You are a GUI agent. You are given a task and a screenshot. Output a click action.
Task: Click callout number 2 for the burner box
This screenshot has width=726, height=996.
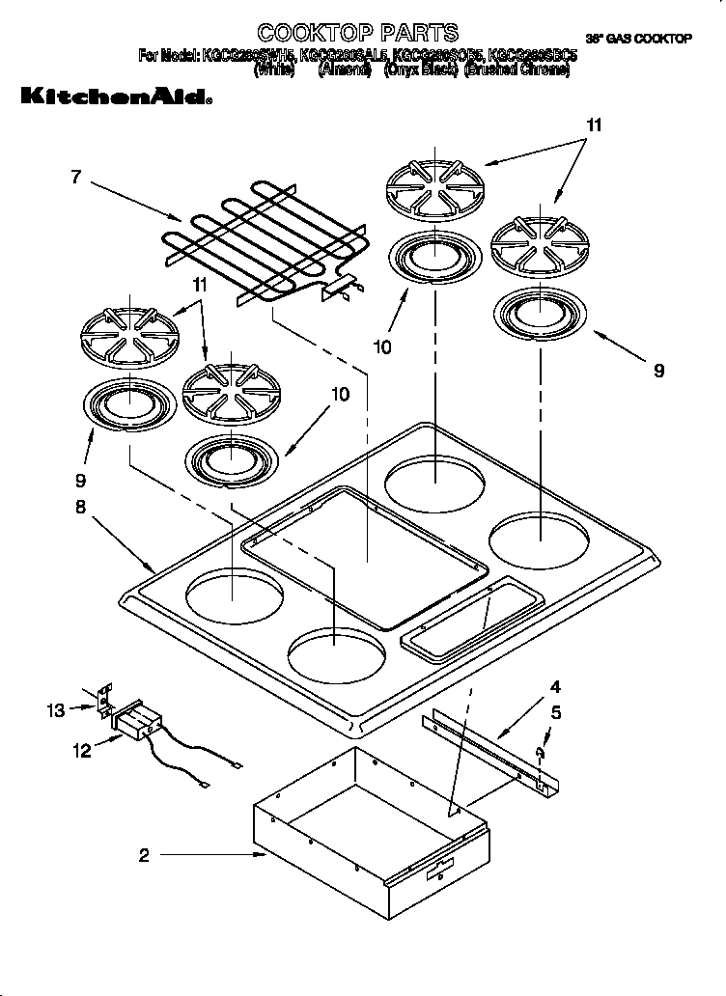click(144, 854)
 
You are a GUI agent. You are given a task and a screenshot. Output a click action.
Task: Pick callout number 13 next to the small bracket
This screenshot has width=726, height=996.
click(56, 710)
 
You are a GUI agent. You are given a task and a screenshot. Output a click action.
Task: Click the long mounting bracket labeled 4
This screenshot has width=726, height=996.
click(492, 748)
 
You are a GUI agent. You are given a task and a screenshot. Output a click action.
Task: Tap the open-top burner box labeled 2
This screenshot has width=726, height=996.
click(367, 849)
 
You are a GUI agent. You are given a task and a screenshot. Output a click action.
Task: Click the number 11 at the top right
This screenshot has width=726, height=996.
click(594, 125)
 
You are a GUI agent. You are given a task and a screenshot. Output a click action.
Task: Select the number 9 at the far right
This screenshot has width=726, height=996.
click(658, 370)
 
